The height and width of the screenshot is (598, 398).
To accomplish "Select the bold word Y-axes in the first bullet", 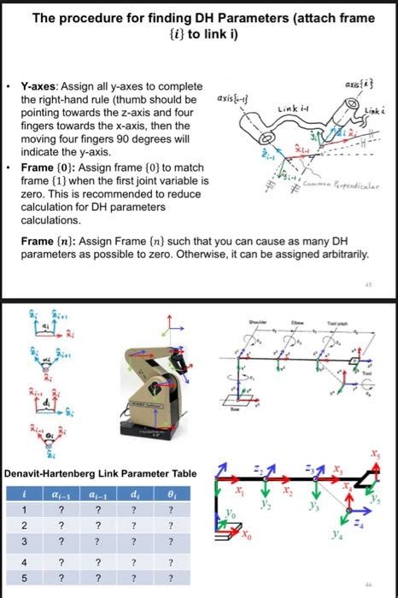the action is coord(39,87).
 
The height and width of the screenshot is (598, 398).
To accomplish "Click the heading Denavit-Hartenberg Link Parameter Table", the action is coord(101,473).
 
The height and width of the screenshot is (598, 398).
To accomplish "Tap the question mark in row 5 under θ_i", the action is coord(172,578).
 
